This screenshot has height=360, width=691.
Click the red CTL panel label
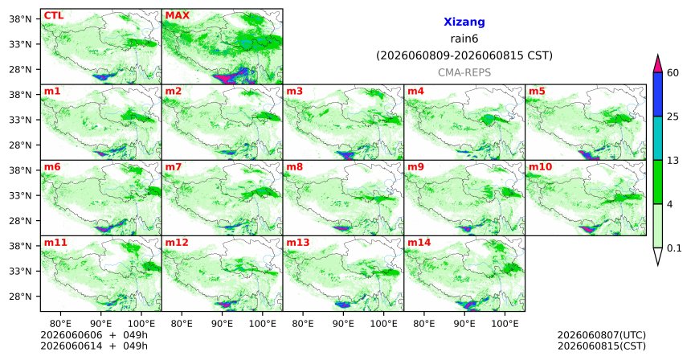(x=54, y=16)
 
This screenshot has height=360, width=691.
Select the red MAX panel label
(x=177, y=16)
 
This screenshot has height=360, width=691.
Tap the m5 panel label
(x=537, y=92)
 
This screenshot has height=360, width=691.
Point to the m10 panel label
(x=540, y=167)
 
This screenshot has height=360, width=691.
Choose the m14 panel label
(x=419, y=243)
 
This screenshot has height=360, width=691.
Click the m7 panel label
(x=174, y=167)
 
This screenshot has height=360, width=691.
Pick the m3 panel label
(x=294, y=92)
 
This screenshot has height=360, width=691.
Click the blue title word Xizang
(x=464, y=22)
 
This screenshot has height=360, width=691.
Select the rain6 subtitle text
(x=464, y=39)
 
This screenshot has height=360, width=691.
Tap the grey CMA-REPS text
(x=464, y=72)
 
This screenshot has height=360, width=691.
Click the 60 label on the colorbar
(x=673, y=73)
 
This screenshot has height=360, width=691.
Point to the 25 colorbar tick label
(x=673, y=117)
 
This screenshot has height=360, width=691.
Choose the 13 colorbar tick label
(x=673, y=161)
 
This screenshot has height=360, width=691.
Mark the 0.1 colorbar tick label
(x=674, y=248)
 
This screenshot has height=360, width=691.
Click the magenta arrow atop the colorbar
(x=657, y=64)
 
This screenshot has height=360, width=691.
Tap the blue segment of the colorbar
(x=657, y=94)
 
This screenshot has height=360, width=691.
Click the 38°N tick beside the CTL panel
(x=21, y=19)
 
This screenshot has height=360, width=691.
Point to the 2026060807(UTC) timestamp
(x=602, y=336)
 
